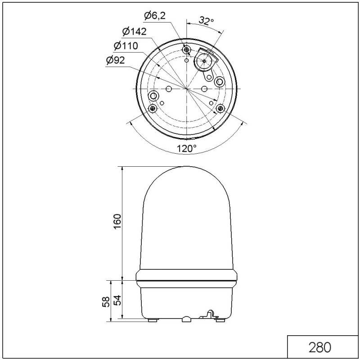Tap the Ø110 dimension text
point(126,46)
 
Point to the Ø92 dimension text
point(116,60)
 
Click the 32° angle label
point(206,21)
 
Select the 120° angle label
point(186,149)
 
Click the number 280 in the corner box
point(320,347)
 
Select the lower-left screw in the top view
point(153,108)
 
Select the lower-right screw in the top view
point(220,108)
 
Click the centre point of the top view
point(187,88)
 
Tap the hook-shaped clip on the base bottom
point(210,315)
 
